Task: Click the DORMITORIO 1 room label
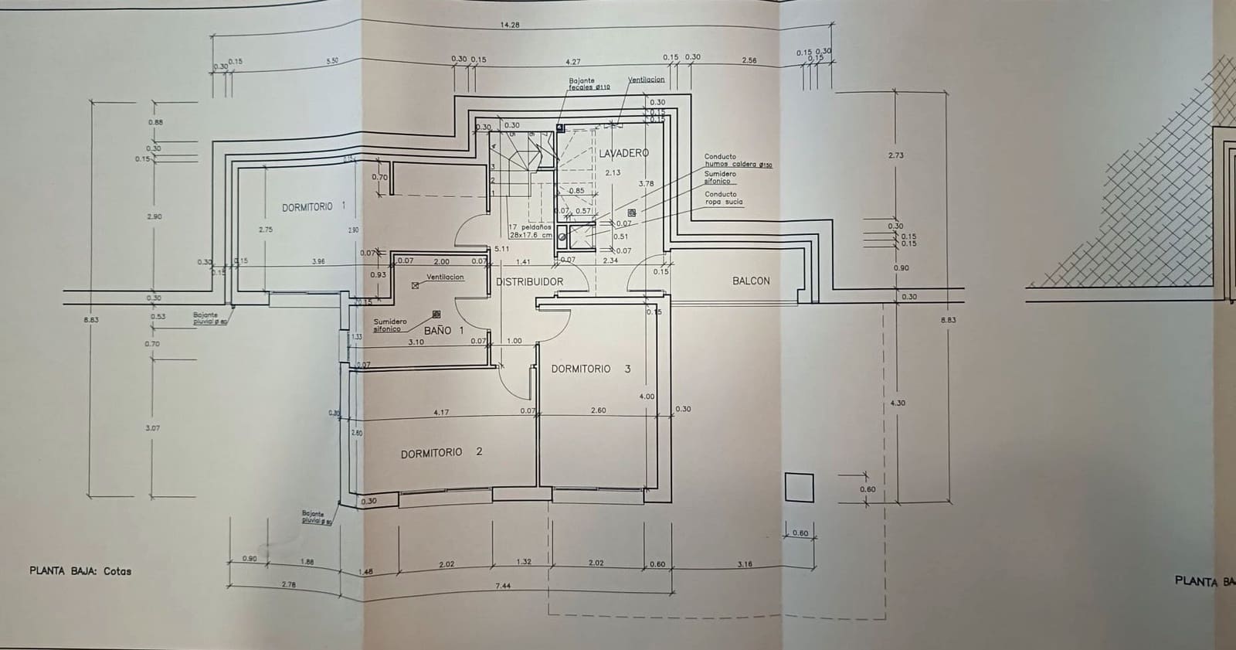pos(313,206)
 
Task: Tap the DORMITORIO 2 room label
pos(440,452)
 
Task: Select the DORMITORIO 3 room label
pos(590,369)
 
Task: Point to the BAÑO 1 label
pos(443,330)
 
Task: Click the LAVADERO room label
pos(623,153)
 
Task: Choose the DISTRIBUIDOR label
pos(529,281)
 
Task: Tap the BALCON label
pos(751,281)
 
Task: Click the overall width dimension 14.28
pos(510,25)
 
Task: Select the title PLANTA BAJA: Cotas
pos(80,571)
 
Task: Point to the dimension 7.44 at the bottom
pos(502,586)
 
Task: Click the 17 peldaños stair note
pos(530,231)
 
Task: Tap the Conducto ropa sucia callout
pos(723,198)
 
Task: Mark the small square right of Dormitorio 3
pos(799,488)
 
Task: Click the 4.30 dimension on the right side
pos(898,403)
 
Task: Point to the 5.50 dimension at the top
pos(332,60)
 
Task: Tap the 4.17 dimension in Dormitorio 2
pos(440,412)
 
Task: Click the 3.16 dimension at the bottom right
pos(745,564)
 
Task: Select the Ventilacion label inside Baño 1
pos(445,277)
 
